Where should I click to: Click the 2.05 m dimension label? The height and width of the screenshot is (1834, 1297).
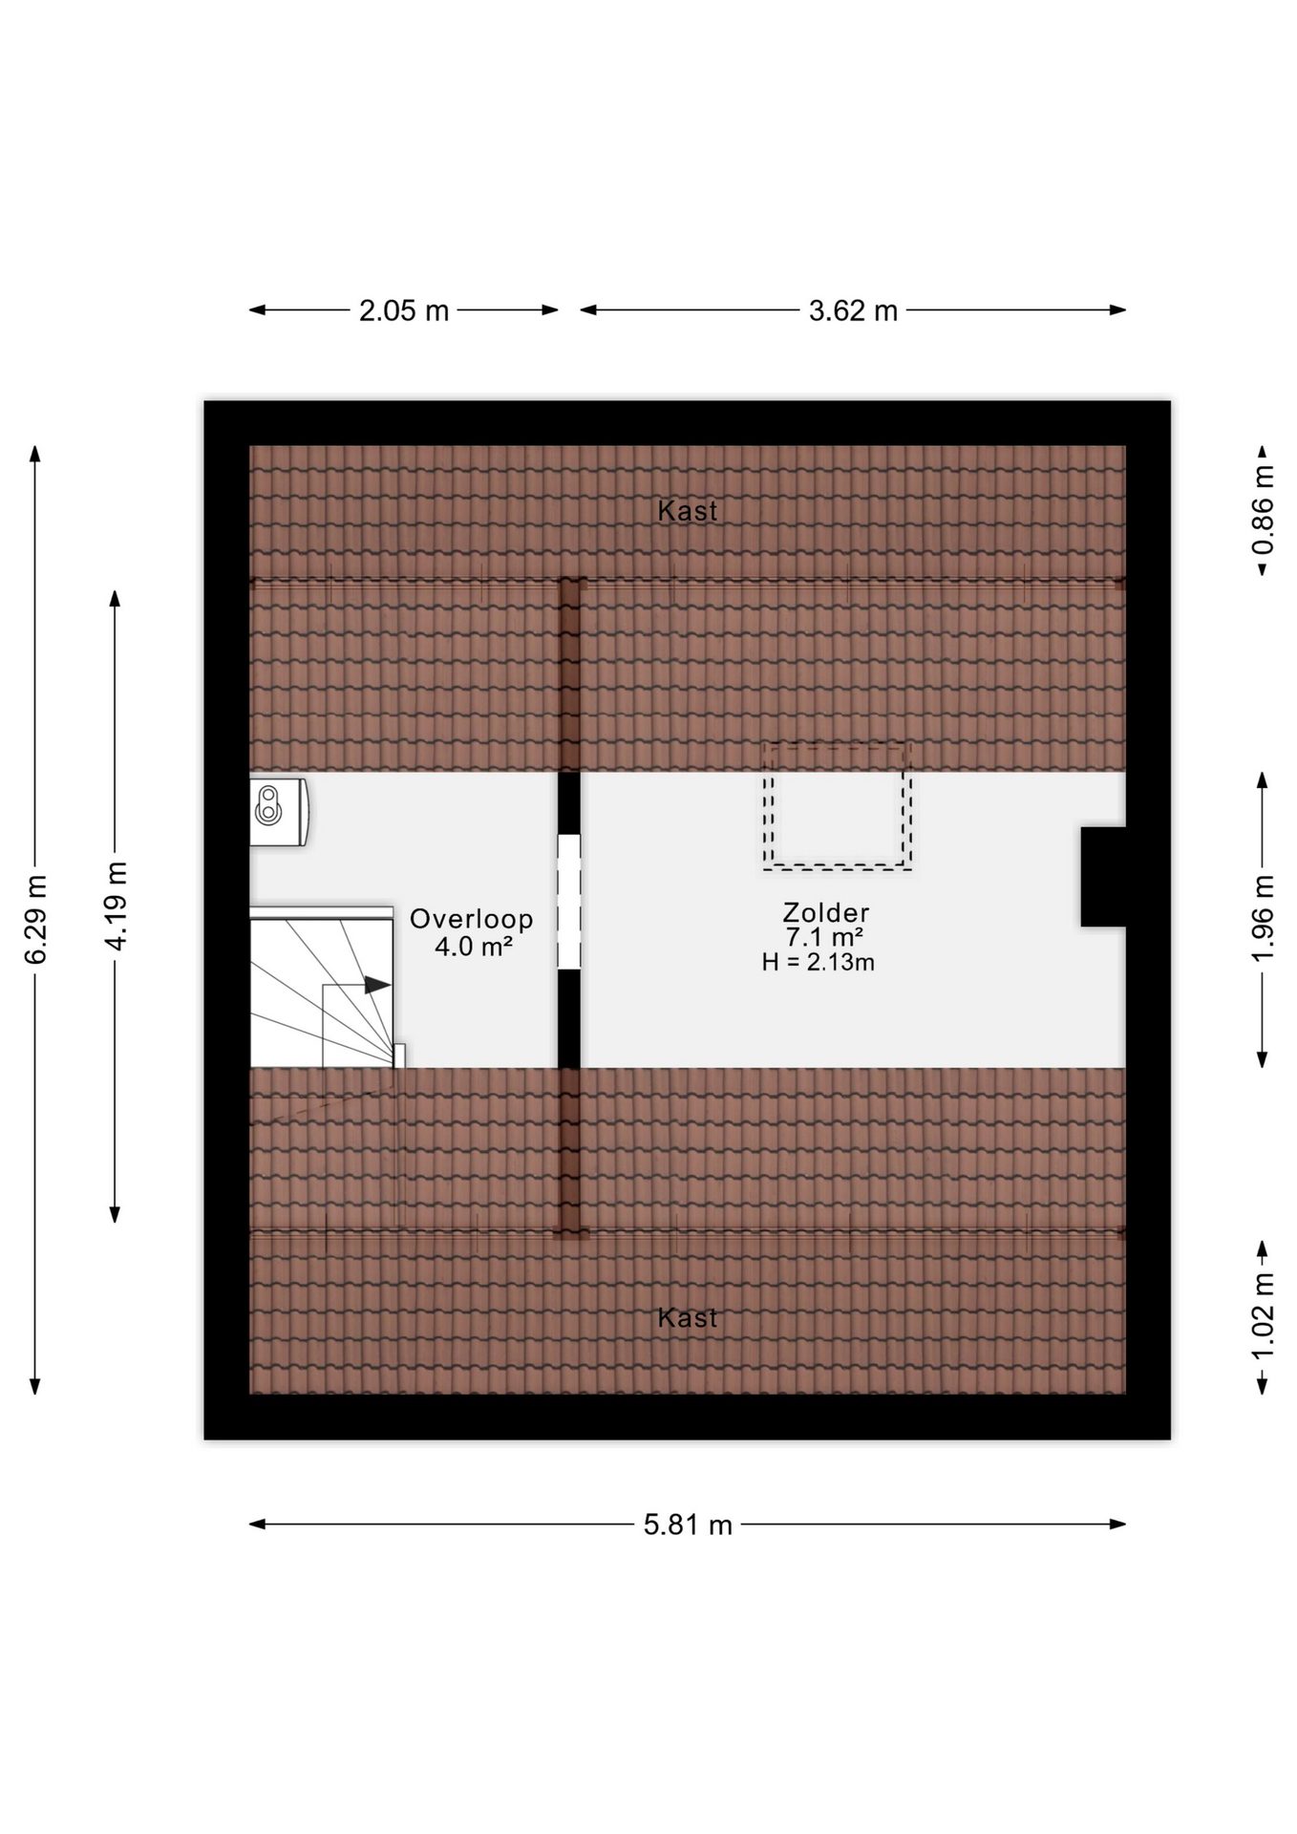tap(404, 310)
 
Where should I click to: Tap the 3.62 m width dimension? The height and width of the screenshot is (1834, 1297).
tap(853, 310)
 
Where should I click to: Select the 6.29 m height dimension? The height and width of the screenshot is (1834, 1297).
tap(35, 919)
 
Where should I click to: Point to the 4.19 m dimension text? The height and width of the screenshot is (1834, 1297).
tap(116, 906)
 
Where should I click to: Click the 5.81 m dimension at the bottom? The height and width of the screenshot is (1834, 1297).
tap(688, 1525)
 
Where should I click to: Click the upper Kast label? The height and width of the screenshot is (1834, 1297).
tap(688, 511)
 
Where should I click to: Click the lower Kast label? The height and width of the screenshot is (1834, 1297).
tap(688, 1318)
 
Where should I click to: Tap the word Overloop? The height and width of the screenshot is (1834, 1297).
tap(472, 919)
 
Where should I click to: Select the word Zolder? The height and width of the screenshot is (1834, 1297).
tap(826, 913)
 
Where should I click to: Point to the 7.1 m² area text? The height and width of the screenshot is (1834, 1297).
tap(825, 937)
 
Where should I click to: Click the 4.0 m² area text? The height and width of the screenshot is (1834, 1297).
tap(474, 947)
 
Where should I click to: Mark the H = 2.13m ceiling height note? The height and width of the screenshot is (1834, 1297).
tap(819, 962)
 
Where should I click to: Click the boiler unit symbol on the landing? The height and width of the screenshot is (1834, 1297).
tap(279, 812)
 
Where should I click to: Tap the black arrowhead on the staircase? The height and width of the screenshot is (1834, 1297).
tap(377, 985)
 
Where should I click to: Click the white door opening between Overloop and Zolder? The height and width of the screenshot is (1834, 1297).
tap(569, 902)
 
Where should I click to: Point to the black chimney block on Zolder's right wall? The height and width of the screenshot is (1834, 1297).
tap(1103, 877)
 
